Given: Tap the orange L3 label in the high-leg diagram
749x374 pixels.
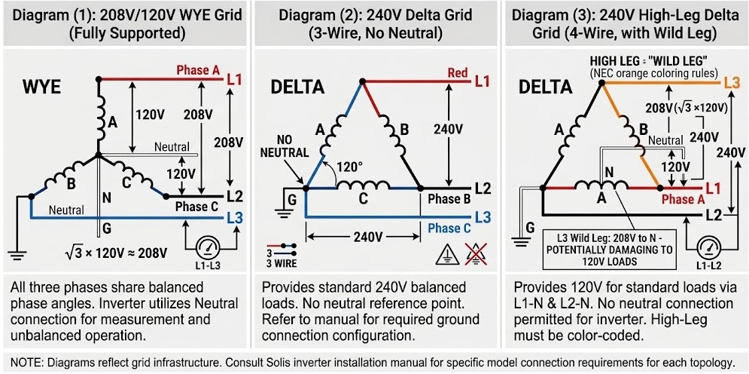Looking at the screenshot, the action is coord(732,81).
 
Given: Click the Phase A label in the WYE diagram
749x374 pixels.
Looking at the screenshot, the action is coord(198,70).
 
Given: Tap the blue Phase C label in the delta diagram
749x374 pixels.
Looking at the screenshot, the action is coord(449,228).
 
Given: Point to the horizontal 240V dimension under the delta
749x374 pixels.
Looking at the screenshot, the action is coord(363,237).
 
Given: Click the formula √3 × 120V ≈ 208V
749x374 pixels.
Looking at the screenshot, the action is coord(116,252).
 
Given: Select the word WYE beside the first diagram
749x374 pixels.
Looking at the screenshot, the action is coord(41,88).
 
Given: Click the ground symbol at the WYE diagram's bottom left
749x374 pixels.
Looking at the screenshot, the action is coord(17,253).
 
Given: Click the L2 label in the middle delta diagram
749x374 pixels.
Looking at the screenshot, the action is coord(483,189).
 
